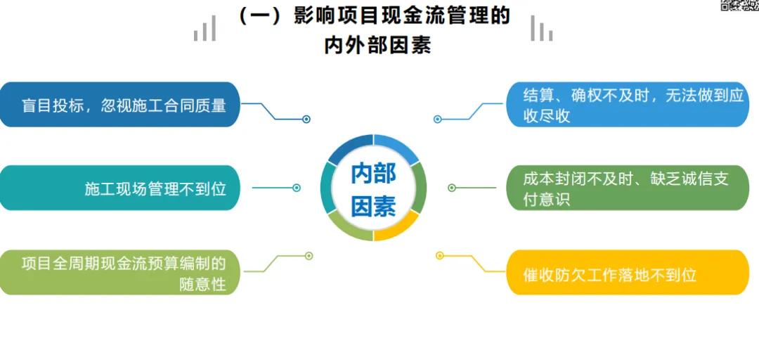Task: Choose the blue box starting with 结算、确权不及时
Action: (x=628, y=105)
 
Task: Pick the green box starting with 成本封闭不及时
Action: (x=628, y=188)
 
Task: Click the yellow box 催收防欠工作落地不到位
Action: (x=628, y=274)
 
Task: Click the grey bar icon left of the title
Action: (x=205, y=29)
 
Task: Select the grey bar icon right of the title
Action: (x=541, y=29)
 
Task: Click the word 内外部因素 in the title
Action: (x=377, y=46)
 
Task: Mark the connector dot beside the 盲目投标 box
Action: (x=306, y=120)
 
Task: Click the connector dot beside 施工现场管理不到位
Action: (x=297, y=188)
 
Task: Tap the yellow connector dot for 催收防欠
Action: (x=440, y=255)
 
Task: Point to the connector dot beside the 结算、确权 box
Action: (x=437, y=120)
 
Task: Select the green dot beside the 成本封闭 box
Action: (x=452, y=188)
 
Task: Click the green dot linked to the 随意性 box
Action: (x=309, y=255)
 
